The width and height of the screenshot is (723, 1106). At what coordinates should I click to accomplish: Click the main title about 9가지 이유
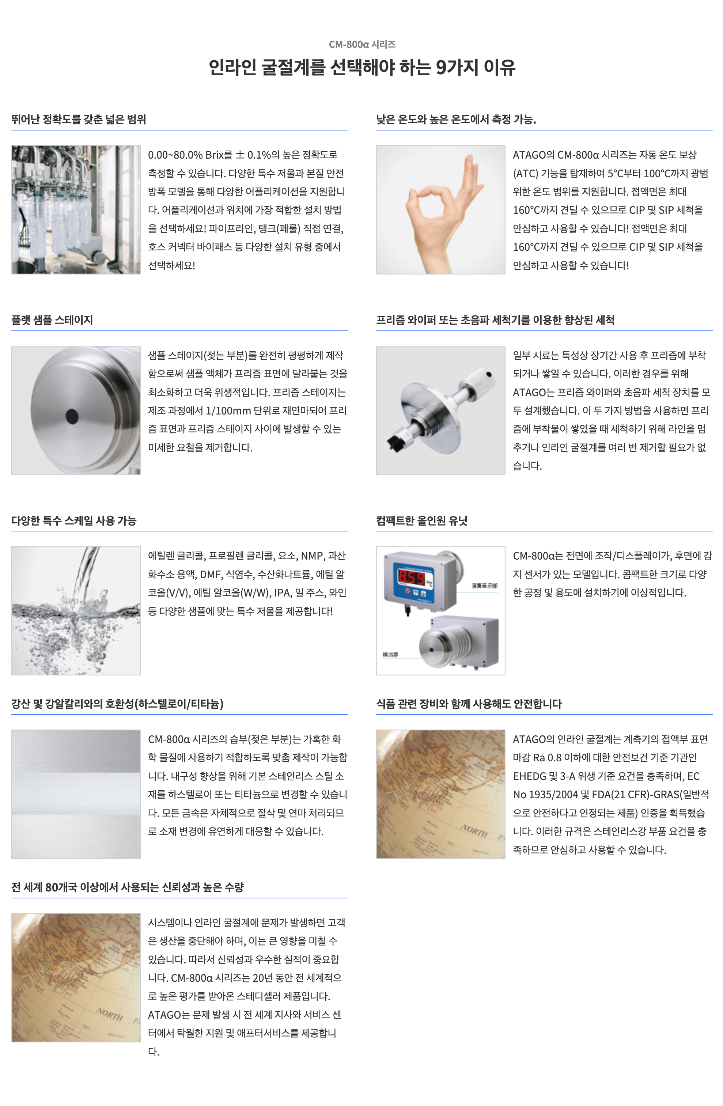pos(361,67)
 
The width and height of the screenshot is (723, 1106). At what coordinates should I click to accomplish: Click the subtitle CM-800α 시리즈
pos(362,44)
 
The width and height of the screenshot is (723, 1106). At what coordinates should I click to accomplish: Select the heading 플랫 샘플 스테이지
pos(52,320)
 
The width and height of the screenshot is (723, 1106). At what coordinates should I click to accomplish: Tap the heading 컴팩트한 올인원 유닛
pos(421,520)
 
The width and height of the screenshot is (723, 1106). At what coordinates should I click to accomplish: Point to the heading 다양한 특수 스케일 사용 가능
pos(74,520)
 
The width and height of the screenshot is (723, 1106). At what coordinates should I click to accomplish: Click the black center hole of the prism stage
pos(72,416)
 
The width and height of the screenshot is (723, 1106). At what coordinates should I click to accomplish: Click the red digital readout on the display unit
pos(411,577)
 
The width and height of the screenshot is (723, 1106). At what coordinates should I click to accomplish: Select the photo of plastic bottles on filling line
pos(76,209)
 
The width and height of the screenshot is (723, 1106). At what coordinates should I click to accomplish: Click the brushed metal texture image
pos(76,794)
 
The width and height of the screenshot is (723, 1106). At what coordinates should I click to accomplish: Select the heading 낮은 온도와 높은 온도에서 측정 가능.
pos(456,120)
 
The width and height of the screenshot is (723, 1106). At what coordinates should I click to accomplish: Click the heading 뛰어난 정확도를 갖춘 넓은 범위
pos(79,120)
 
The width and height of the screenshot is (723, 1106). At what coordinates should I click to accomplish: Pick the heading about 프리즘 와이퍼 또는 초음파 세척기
pos(495,320)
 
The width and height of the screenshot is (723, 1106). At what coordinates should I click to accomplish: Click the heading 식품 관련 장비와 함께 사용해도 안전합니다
pos(469,704)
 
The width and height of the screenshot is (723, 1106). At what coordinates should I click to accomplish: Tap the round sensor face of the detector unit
pos(435,649)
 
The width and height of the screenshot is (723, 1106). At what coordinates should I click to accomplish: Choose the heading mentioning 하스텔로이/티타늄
pos(117,704)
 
